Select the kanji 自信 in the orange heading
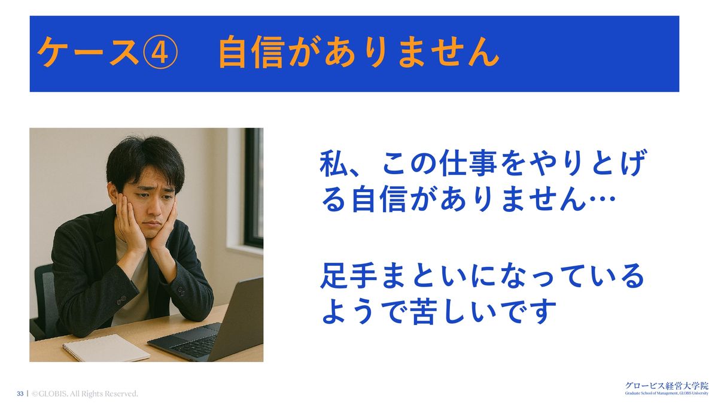pyautogui.click(x=252, y=52)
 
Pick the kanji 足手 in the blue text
pyautogui.click(x=349, y=276)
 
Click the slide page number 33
pyautogui.click(x=20, y=393)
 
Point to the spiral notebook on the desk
pyautogui.click(x=106, y=348)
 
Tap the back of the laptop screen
pyautogui.click(x=241, y=317)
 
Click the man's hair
pyautogui.click(x=144, y=160)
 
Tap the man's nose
pyautogui.click(x=154, y=208)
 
